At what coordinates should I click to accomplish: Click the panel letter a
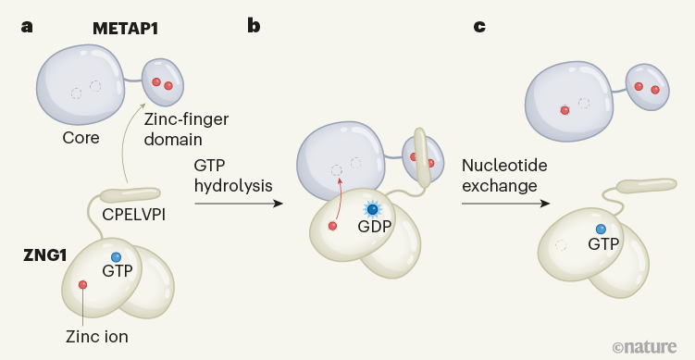pyautogui.click(x=27, y=26)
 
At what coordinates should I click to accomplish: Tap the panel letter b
pyautogui.click(x=253, y=26)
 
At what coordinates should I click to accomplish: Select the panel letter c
pyautogui.click(x=478, y=26)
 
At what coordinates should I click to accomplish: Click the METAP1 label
pyautogui.click(x=126, y=29)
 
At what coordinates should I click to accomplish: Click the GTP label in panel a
pyautogui.click(x=118, y=271)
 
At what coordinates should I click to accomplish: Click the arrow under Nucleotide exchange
pyautogui.click(x=504, y=204)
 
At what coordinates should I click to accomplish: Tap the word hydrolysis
pyautogui.click(x=233, y=185)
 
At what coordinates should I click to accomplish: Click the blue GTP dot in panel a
pyautogui.click(x=116, y=256)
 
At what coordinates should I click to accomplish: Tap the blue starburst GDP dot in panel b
pyautogui.click(x=372, y=209)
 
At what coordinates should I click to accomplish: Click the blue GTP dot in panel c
pyautogui.click(x=601, y=229)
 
